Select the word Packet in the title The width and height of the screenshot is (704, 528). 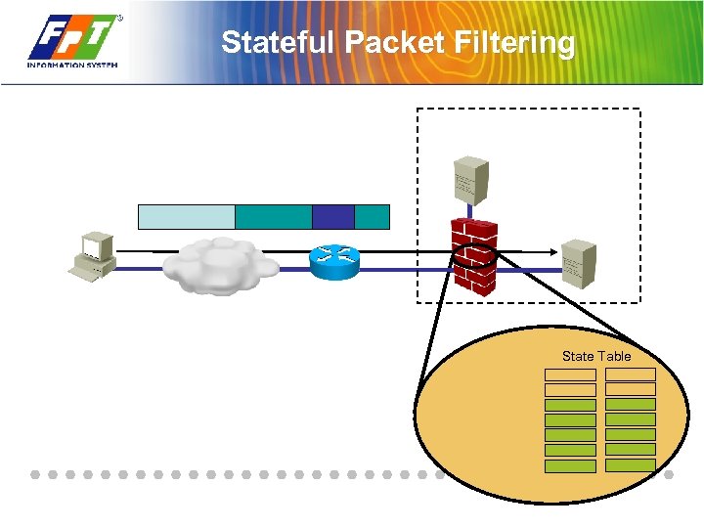[x=392, y=43]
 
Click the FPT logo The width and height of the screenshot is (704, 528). [x=73, y=37]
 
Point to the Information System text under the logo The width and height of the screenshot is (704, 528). [x=73, y=66]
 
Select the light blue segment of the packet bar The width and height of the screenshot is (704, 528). [x=187, y=216]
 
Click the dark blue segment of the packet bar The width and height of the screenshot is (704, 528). [x=333, y=216]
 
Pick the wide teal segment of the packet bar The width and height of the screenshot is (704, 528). [x=274, y=216]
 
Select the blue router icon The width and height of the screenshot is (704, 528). [x=333, y=259]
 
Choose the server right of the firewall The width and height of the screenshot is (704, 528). [x=579, y=261]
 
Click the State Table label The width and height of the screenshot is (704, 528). [x=596, y=356]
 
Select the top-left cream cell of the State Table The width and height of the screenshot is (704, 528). [x=570, y=374]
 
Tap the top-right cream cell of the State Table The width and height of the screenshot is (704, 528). [x=631, y=374]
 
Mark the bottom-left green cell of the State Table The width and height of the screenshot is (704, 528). [x=570, y=466]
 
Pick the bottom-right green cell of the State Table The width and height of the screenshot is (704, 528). [x=631, y=466]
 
